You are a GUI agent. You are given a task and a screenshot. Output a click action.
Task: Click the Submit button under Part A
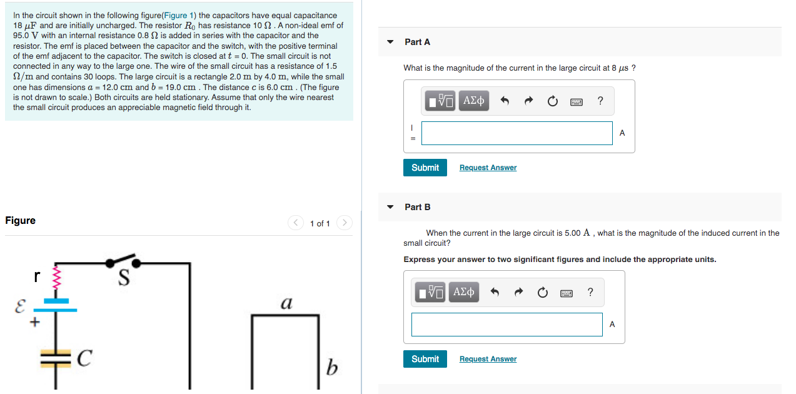tap(425, 168)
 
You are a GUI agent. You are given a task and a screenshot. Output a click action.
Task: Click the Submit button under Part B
tap(425, 359)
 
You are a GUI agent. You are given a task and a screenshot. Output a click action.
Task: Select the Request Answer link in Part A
tap(488, 168)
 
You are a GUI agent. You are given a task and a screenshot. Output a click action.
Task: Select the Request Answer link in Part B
tap(488, 359)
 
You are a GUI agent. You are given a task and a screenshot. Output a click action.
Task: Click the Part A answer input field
tap(516, 133)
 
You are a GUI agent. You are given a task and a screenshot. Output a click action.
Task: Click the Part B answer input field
tap(506, 325)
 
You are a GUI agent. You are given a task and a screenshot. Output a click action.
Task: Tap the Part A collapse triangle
tap(390, 42)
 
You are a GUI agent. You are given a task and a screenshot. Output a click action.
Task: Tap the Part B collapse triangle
tap(390, 207)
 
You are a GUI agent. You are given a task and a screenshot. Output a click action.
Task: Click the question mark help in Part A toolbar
tap(600, 101)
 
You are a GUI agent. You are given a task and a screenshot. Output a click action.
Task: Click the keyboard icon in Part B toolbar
tap(567, 292)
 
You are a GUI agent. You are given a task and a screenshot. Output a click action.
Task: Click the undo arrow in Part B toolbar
tap(495, 292)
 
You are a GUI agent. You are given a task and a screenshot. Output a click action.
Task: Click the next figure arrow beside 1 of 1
tap(345, 223)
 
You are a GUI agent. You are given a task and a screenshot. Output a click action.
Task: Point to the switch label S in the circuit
tap(124, 280)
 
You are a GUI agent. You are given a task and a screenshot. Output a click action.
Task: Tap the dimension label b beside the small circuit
tap(332, 368)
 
